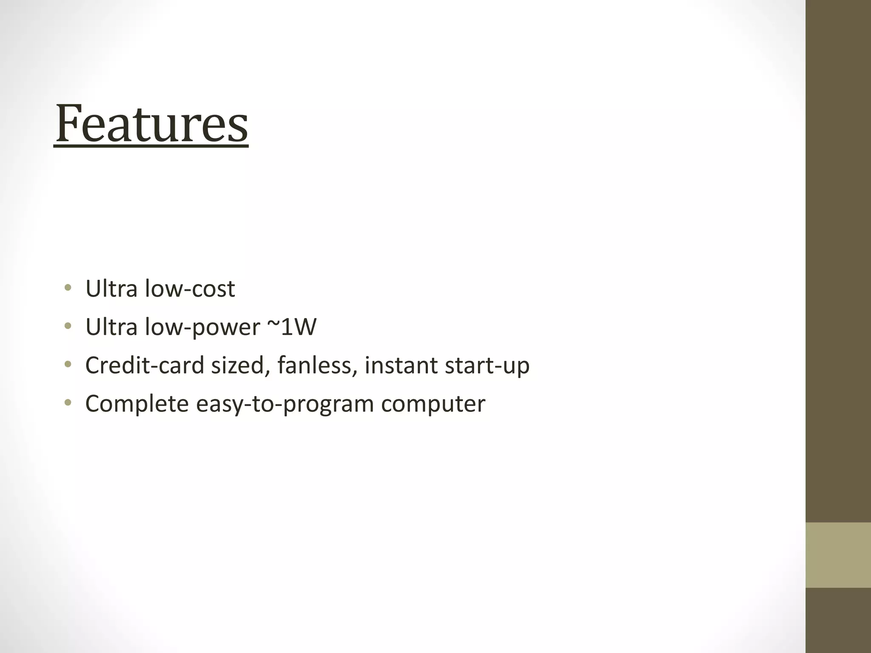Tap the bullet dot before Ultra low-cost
click(x=68, y=288)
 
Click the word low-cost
click(x=190, y=289)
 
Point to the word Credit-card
click(x=145, y=366)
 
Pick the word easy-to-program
click(x=285, y=404)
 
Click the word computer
click(x=433, y=404)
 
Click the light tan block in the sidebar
click(x=838, y=555)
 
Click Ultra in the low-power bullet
click(x=111, y=327)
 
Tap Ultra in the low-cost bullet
click(x=111, y=289)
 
